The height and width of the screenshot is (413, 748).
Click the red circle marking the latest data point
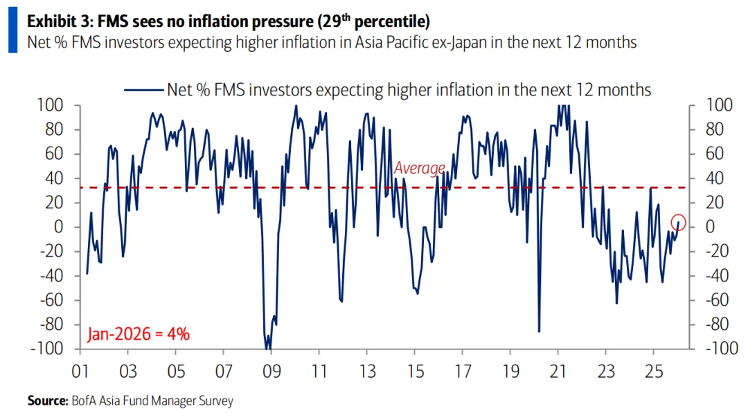click(x=678, y=222)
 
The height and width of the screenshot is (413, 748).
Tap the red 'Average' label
click(x=419, y=168)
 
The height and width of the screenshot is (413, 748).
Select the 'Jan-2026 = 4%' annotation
click(x=139, y=334)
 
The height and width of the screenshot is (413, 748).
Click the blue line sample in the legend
click(x=143, y=89)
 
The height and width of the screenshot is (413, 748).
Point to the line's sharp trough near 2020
click(x=538, y=331)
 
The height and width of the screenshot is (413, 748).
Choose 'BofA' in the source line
click(x=82, y=401)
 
